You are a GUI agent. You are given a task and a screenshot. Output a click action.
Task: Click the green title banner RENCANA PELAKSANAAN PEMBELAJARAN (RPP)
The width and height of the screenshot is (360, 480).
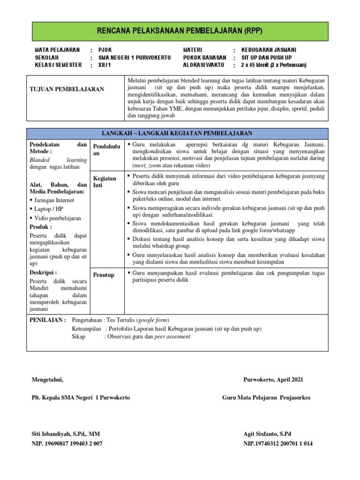point(180,31)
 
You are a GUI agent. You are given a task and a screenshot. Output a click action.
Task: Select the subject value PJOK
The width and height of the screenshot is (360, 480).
point(105,50)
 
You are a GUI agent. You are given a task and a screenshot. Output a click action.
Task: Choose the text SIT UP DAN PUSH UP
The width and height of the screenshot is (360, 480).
point(267,57)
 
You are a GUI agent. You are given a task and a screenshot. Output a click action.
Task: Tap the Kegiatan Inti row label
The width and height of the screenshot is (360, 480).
point(105,182)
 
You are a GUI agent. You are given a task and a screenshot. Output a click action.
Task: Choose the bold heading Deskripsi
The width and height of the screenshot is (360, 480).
point(43,272)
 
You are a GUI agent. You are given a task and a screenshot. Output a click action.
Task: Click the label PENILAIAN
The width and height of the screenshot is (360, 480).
point(48,320)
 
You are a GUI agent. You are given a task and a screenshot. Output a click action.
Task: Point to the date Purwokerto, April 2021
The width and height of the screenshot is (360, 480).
point(277,380)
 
